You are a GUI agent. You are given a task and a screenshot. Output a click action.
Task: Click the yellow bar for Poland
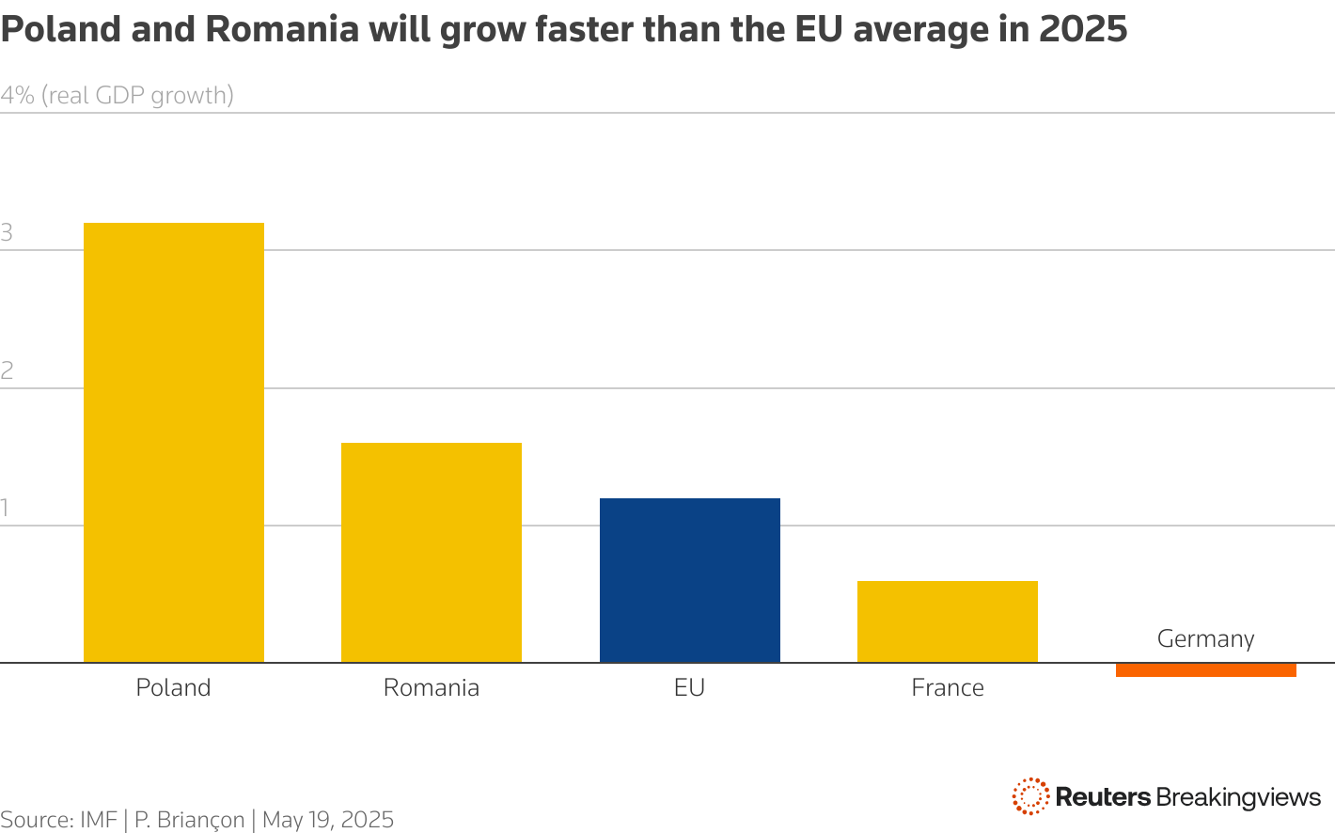pyautogui.click(x=174, y=442)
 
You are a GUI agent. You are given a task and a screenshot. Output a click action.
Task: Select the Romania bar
pyautogui.click(x=432, y=552)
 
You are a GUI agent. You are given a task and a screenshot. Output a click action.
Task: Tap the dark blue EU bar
pyautogui.click(x=689, y=580)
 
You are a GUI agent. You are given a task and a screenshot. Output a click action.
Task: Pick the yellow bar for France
pyautogui.click(x=947, y=621)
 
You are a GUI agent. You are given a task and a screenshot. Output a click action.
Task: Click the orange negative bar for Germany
pyautogui.click(x=1205, y=670)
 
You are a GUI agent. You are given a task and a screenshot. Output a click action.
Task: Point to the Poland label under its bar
pyautogui.click(x=173, y=687)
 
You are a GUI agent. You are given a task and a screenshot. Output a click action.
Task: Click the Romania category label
pyautogui.click(x=432, y=687)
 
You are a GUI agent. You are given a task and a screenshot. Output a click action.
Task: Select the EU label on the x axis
pyautogui.click(x=689, y=687)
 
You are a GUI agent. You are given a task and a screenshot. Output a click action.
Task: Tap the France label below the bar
pyautogui.click(x=947, y=687)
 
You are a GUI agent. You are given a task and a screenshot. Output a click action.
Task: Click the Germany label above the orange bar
pyautogui.click(x=1205, y=638)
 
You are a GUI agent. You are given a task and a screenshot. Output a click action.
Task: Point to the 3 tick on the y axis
pyautogui.click(x=7, y=233)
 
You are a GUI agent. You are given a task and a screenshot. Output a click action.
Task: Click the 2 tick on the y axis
pyautogui.click(x=7, y=370)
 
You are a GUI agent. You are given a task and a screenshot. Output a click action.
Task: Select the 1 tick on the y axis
pyautogui.click(x=5, y=509)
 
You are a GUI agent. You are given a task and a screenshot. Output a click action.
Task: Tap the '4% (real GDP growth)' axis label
pyautogui.click(x=117, y=95)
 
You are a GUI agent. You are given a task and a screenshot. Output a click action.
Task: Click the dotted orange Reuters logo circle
pyautogui.click(x=1030, y=796)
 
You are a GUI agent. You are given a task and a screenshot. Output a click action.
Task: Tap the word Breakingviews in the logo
pyautogui.click(x=1238, y=797)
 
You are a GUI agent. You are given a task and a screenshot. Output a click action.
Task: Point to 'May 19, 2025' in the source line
pyautogui.click(x=327, y=820)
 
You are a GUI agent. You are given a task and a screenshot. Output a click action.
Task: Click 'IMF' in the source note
pyautogui.click(x=98, y=820)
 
